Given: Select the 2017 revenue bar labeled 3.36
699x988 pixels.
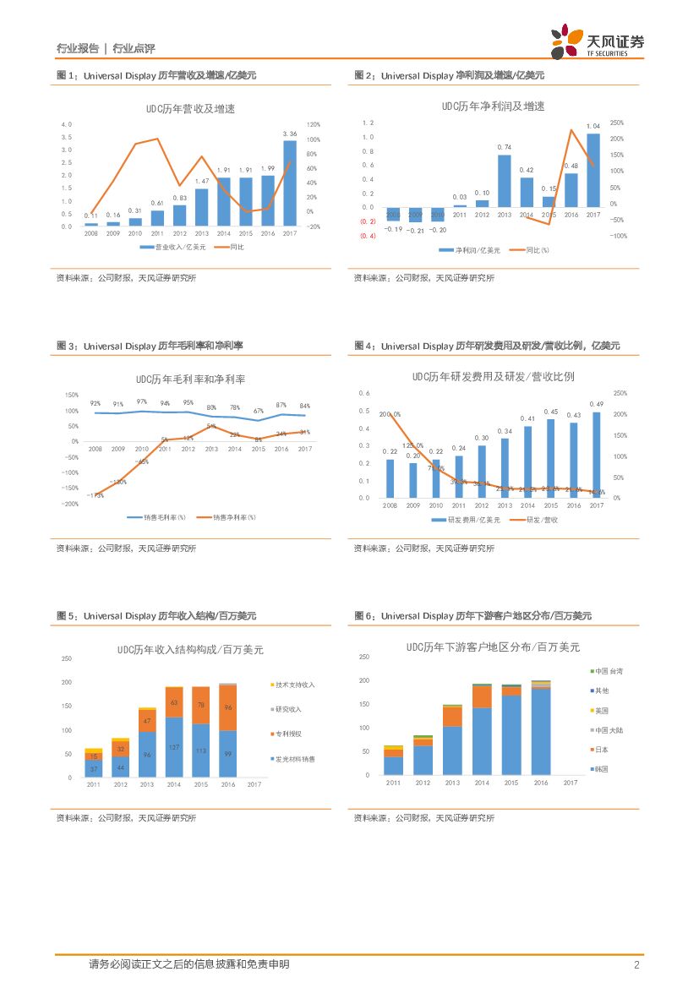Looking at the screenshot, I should [289, 183].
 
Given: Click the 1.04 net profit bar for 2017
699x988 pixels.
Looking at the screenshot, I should [593, 170].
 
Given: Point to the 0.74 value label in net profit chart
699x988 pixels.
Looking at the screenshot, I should [505, 147].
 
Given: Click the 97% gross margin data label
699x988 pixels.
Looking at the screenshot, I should [142, 402].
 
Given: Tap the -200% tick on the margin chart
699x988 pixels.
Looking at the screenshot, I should [68, 504].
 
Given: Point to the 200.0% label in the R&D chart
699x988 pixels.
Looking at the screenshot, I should [390, 414].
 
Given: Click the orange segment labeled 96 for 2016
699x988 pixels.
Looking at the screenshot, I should [227, 707].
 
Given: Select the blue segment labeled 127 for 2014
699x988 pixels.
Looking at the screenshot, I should [174, 747].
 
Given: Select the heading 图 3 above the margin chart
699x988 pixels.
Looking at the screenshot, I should [68, 346].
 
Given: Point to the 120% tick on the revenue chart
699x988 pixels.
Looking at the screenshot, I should [313, 124].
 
